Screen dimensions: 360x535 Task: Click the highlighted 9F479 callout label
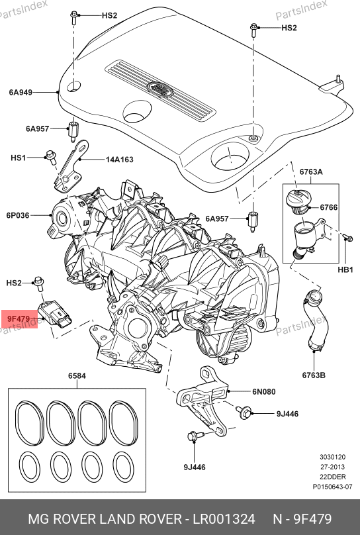coord(19,319)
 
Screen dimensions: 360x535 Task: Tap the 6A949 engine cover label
coord(21,92)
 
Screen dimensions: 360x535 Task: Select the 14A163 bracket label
coord(119,160)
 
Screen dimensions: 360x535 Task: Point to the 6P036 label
coord(18,215)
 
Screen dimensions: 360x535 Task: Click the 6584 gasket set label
coord(77,375)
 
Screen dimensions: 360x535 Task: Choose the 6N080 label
coord(264,391)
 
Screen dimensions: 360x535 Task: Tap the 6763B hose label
coord(314,375)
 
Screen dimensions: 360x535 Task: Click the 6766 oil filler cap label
coord(329,207)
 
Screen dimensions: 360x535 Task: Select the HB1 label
coord(345,270)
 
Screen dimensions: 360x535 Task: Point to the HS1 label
coord(18,158)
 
